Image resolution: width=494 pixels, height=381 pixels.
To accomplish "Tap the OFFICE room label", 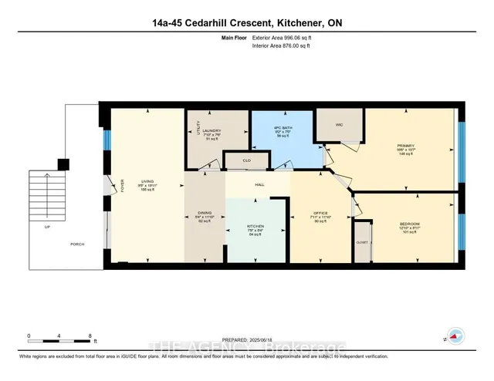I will point(322,213).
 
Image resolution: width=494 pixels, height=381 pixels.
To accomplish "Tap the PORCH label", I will point(76,245).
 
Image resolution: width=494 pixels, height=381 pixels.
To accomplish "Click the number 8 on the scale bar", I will point(90,337).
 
